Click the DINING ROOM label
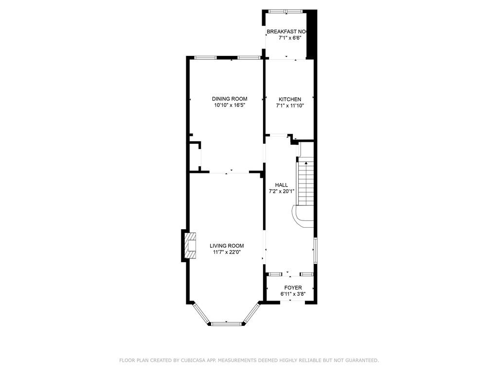coord(230,99)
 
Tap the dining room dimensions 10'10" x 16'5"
coord(230,105)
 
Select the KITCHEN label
coord(290,99)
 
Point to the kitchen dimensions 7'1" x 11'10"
coord(290,105)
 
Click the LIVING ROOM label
coord(227,246)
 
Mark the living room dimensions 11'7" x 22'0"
coord(227,252)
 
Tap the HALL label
coord(282,185)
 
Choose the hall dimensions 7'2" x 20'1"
coord(282,191)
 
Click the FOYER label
coord(293,288)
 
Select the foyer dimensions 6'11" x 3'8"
coord(293,294)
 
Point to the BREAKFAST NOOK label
coord(287,32)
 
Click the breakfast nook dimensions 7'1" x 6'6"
coord(290,38)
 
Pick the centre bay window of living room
coord(227,324)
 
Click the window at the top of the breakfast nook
coord(285,12)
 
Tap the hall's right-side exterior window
coord(315,250)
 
